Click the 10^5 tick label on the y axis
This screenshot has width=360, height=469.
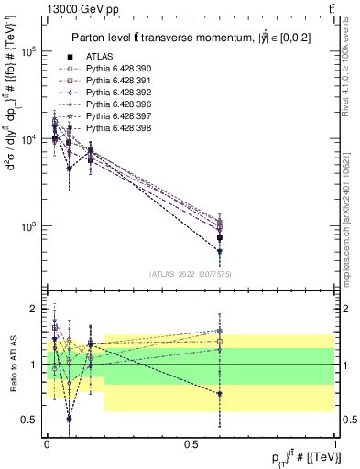point(30,52)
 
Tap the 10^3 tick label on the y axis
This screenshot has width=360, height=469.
point(30,226)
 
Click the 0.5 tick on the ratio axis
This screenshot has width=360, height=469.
point(29,420)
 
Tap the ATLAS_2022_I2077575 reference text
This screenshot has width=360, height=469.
point(190,274)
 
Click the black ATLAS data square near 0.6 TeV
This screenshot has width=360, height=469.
point(220,237)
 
